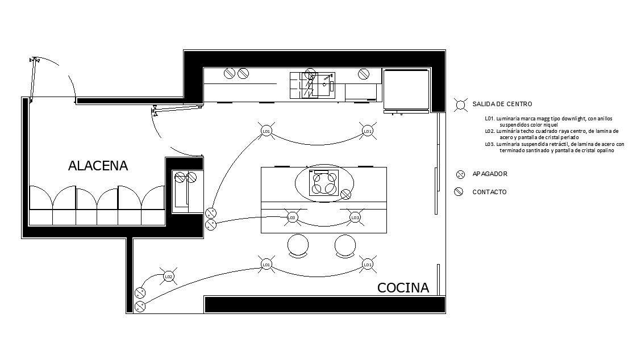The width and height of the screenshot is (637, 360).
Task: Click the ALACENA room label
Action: tap(98, 166)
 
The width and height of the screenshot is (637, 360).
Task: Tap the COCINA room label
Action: tap(403, 288)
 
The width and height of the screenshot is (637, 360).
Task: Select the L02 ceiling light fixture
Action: tap(168, 277)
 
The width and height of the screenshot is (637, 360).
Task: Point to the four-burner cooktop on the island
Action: tap(323, 183)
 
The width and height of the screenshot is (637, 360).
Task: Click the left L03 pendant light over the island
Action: tap(292, 217)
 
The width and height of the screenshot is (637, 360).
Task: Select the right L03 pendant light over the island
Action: tap(355, 217)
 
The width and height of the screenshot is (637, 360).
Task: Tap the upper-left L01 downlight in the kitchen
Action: tap(265, 131)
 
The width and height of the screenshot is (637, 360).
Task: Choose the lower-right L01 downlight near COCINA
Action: tap(367, 264)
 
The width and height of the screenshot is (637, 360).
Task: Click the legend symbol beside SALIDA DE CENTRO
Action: tap(460, 104)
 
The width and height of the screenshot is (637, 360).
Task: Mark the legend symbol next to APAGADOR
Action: tap(460, 174)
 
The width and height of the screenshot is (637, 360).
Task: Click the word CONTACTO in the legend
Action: tap(489, 192)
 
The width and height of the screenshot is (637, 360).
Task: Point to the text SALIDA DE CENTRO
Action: tap(502, 104)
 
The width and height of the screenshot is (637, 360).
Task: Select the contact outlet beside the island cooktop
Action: tap(345, 195)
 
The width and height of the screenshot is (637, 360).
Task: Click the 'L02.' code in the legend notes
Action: tap(489, 131)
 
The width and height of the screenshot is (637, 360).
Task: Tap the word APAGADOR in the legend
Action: tap(490, 174)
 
